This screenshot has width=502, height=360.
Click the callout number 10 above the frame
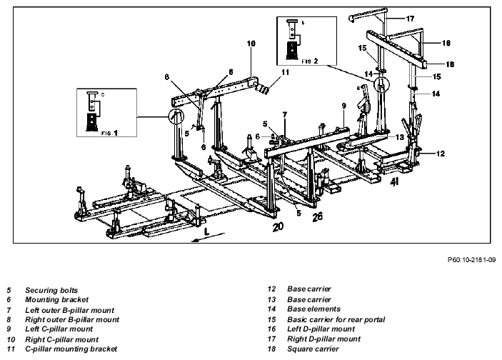coord(251,44)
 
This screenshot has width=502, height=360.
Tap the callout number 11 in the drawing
coord(285,72)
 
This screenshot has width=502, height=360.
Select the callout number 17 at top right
coord(410,19)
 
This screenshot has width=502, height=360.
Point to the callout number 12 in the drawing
coord(440,154)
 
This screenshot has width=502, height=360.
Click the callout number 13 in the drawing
coord(400,137)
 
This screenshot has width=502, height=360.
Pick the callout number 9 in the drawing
coord(344,106)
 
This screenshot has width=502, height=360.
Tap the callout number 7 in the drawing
coord(285,114)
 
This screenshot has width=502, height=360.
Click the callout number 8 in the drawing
coord(167,77)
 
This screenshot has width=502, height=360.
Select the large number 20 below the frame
coord(278,226)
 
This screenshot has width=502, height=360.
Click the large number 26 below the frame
coord(317,217)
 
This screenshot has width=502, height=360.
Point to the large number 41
coord(394,182)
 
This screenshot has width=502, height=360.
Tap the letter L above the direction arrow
coord(206,231)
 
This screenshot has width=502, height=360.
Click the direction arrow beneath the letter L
coord(208,238)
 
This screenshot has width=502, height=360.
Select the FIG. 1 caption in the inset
coord(109,133)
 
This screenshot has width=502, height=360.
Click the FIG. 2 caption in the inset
coord(310,61)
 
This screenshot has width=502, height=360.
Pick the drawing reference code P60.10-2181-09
coord(471,260)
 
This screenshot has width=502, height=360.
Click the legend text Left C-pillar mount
coord(59,329)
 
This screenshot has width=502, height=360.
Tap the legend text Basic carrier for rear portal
coord(336,320)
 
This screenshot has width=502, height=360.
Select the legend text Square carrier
coord(313,349)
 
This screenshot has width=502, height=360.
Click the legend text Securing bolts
coord(51,291)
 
